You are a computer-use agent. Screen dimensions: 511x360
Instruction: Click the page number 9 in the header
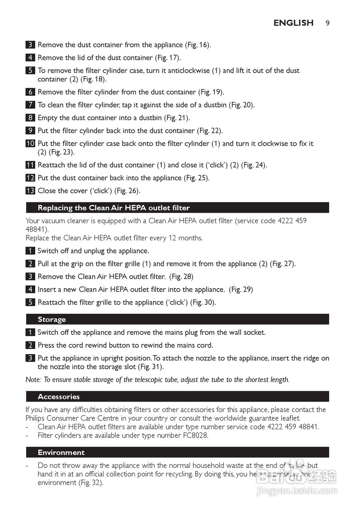[x=327, y=23]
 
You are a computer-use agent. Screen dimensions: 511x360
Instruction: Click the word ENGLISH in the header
[x=293, y=23]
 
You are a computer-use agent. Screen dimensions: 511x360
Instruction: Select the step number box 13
[x=30, y=191]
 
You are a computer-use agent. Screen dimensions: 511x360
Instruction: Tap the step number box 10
[x=30, y=144]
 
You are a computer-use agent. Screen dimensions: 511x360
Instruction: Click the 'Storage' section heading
[x=52, y=319]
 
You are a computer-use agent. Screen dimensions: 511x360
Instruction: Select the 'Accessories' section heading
[x=59, y=396]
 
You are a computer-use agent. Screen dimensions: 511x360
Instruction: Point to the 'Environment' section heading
[x=61, y=452]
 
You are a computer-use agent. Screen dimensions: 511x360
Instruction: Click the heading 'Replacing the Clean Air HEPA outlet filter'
[x=114, y=208]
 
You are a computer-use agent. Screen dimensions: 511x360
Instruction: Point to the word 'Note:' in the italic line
[x=33, y=380]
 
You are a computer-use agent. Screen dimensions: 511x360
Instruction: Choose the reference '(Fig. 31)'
[x=150, y=367]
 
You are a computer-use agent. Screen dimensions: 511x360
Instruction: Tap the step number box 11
[x=30, y=165]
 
